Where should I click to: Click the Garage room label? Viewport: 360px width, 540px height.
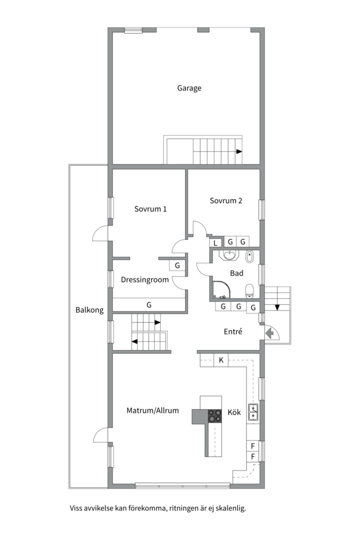tap(189, 88)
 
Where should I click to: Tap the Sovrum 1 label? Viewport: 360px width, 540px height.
tap(150, 208)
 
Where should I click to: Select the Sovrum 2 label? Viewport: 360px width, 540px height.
tap(226, 200)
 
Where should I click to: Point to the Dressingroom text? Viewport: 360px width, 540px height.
tap(144, 279)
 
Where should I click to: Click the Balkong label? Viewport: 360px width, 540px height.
tap(89, 310)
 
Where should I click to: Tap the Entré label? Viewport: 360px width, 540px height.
tap(233, 331)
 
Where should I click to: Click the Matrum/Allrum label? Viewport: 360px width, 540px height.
tap(152, 410)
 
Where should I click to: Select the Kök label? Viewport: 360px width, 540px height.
tap(234, 412)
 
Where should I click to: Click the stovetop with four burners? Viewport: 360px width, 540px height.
tap(214, 415)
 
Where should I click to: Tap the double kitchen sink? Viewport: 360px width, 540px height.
tap(253, 412)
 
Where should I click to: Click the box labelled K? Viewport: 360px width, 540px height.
tap(221, 360)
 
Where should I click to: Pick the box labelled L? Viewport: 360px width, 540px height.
tap(215, 243)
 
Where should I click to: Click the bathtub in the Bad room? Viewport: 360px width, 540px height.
tap(249, 257)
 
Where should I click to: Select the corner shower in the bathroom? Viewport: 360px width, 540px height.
tap(222, 289)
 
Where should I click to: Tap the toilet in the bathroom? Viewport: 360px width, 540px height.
tap(249, 290)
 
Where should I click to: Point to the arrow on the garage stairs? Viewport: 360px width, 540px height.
tap(239, 151)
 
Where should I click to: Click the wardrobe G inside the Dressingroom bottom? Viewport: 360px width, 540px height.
tap(149, 305)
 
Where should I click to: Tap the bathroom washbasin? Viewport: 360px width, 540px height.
tap(229, 255)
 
